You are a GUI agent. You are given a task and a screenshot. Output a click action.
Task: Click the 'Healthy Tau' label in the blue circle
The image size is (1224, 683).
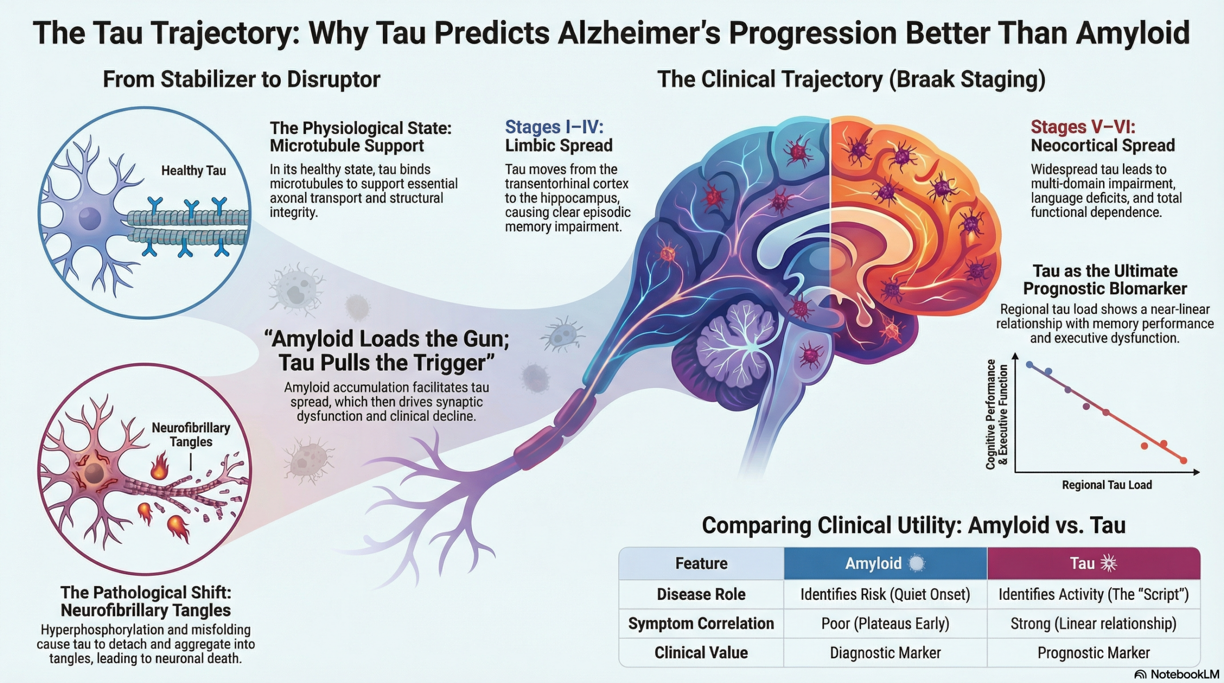(193, 171)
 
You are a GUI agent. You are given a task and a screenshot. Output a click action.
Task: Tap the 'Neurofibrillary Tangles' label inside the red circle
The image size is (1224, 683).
(191, 434)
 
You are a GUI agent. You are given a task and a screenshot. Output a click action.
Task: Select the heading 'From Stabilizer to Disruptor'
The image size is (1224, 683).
(241, 79)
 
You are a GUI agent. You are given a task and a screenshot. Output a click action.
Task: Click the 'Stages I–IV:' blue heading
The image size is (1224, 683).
(554, 127)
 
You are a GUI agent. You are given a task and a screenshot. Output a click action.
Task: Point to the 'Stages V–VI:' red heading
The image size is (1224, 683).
(1083, 127)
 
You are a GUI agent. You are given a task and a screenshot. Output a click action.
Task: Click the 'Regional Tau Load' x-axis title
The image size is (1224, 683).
(1107, 485)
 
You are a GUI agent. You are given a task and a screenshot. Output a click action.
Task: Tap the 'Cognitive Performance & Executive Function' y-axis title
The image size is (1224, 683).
(997, 414)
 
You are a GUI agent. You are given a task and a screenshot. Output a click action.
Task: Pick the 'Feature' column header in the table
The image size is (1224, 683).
(701, 564)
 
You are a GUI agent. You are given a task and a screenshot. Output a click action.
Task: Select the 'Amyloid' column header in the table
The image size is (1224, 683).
(873, 564)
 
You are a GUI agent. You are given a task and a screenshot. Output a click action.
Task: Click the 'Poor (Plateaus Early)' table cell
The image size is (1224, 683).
(885, 624)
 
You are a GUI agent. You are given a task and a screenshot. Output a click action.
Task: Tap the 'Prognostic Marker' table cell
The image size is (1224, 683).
(1093, 653)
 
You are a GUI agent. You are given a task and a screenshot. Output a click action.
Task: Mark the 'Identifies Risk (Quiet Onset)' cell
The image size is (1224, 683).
(885, 595)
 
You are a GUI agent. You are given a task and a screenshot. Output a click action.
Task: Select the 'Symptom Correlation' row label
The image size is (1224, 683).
(701, 624)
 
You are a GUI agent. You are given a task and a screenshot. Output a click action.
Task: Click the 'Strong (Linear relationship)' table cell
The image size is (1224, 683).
(1093, 624)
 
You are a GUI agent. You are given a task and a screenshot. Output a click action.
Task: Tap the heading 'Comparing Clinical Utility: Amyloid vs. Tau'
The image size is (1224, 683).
(914, 525)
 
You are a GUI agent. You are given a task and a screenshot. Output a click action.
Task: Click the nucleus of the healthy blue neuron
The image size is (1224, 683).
(89, 219)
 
